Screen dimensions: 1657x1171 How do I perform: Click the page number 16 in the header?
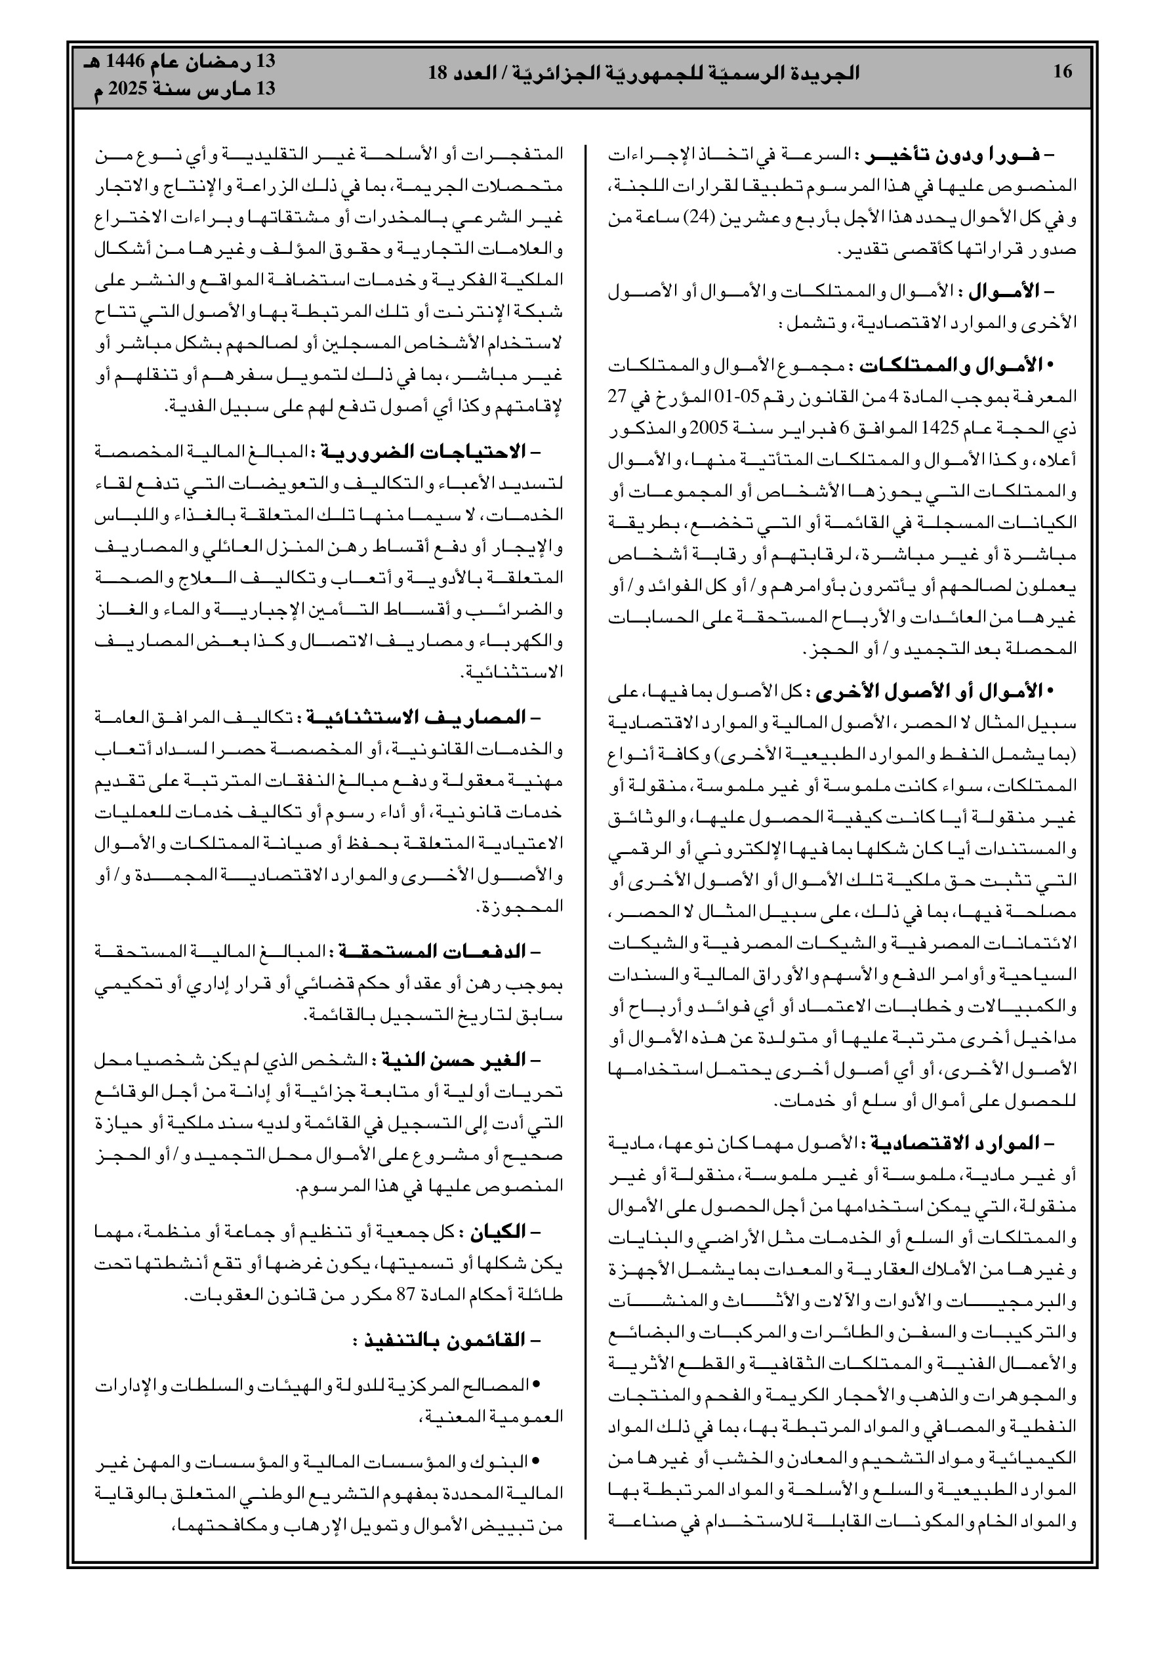tap(1063, 72)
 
